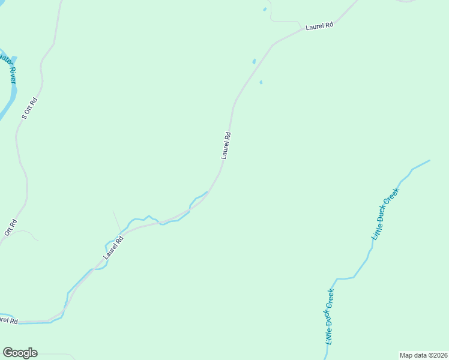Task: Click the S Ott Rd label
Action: [29, 108]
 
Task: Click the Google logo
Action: [20, 353]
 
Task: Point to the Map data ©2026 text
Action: [423, 355]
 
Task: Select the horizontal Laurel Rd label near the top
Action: [319, 26]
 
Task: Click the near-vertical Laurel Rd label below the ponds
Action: [226, 145]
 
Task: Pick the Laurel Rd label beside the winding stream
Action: [113, 247]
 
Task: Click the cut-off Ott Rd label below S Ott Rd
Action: [10, 227]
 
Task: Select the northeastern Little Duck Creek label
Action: [385, 214]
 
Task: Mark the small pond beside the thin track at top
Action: [265, 9]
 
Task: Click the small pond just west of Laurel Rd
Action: [254, 61]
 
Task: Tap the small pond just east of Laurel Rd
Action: [261, 82]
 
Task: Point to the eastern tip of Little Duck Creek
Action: [429, 160]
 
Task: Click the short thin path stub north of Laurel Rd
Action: [116, 220]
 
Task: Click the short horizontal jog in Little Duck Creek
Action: [344, 278]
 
